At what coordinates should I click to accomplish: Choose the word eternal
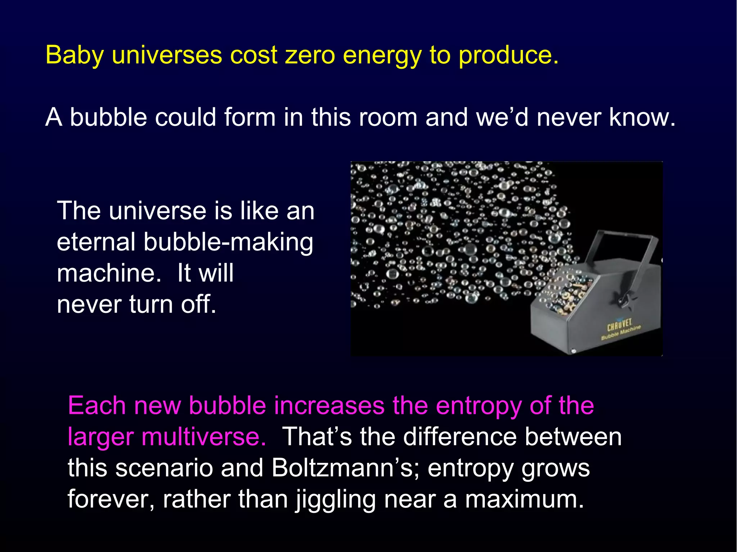pos(96,242)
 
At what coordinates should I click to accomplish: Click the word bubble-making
pos(229,242)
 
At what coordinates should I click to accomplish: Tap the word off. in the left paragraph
pos(198,304)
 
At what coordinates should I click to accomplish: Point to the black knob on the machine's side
pos(623,299)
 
